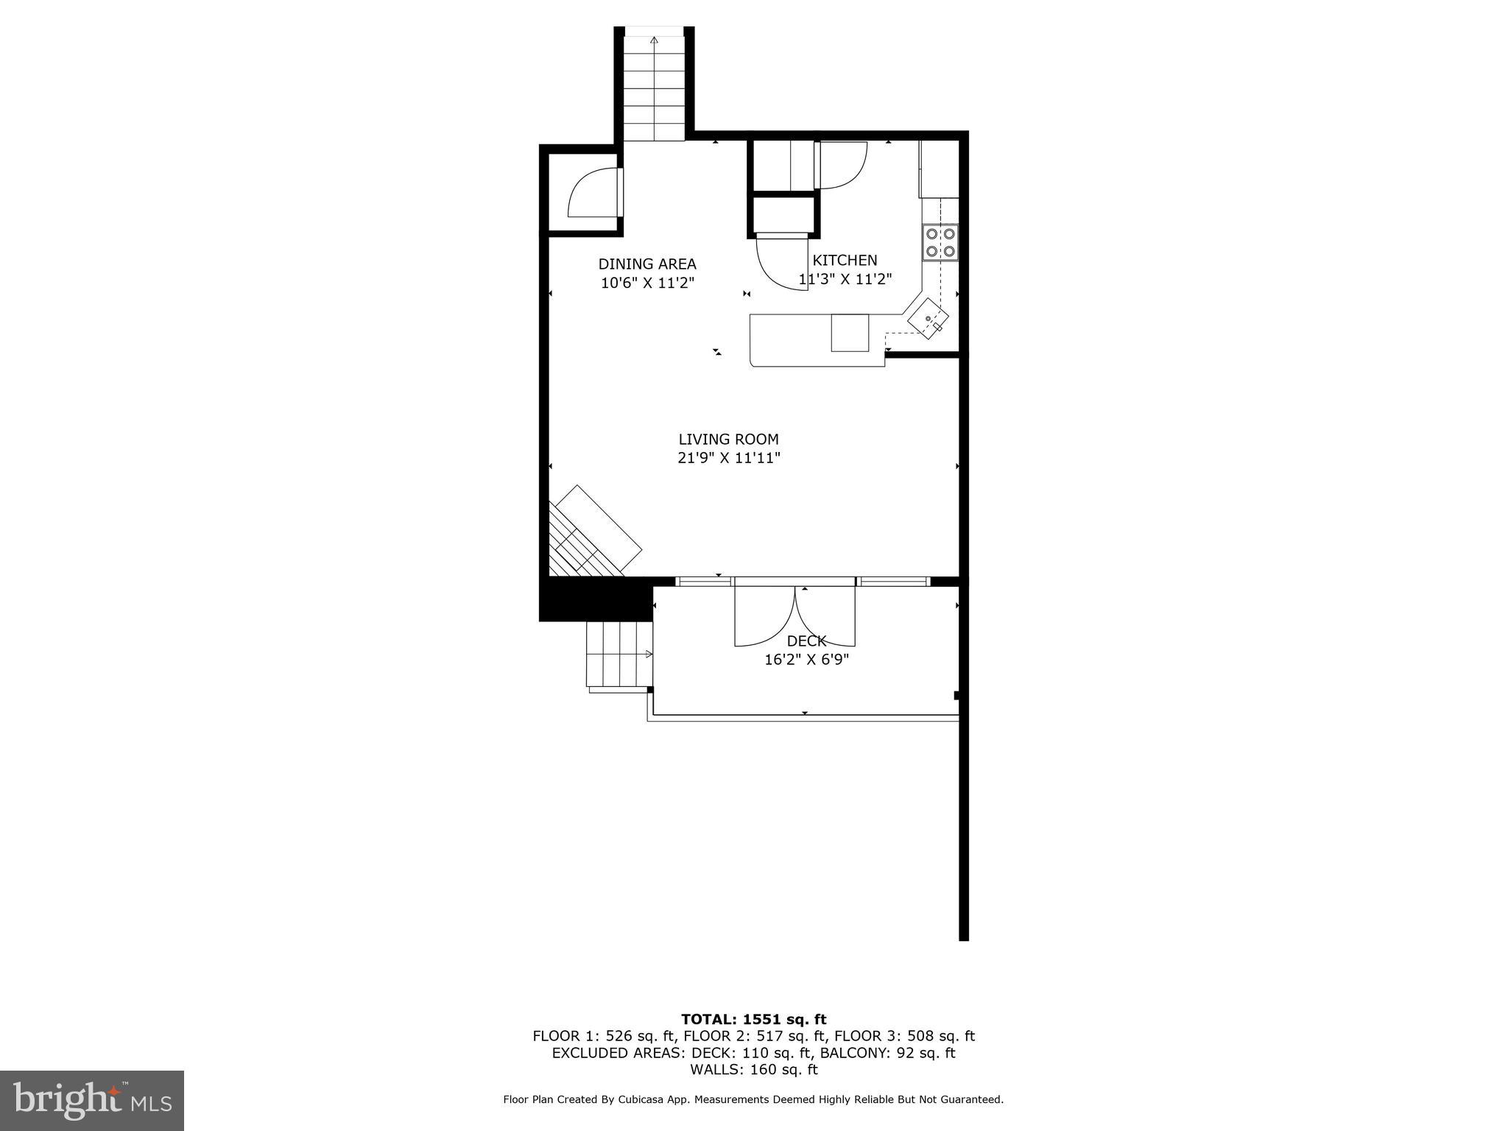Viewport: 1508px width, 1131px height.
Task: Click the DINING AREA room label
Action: point(646,264)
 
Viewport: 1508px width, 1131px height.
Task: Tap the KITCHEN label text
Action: point(845,260)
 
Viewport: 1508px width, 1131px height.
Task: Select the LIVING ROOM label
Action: point(728,439)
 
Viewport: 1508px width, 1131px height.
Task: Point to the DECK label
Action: point(806,641)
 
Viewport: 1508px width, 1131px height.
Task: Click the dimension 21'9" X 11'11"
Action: point(728,458)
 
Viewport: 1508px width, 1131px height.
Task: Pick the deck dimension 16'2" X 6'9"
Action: point(806,660)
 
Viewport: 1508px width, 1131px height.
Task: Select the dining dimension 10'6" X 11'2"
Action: point(647,283)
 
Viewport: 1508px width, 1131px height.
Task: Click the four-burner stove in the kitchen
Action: point(940,242)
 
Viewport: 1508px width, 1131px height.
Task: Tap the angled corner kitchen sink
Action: point(928,319)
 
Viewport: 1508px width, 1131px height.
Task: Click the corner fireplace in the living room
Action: point(589,534)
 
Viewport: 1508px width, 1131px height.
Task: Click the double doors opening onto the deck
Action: point(794,616)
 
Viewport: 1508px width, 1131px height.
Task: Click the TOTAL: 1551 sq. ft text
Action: point(753,1019)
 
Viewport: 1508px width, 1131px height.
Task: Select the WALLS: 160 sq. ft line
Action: point(753,1070)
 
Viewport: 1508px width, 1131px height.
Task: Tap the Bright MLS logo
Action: point(92,1100)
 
